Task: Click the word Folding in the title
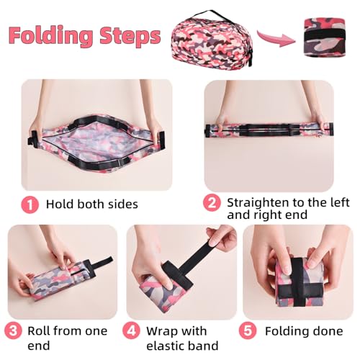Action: click(50, 36)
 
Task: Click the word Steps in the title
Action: click(130, 36)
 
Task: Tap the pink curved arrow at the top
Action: click(276, 37)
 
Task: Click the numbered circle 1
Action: click(30, 204)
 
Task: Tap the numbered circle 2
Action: click(212, 203)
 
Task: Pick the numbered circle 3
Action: click(13, 330)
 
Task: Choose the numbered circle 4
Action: click(131, 330)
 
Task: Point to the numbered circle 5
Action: click(248, 330)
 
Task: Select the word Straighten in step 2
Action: click(257, 203)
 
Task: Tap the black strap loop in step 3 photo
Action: click(99, 266)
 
